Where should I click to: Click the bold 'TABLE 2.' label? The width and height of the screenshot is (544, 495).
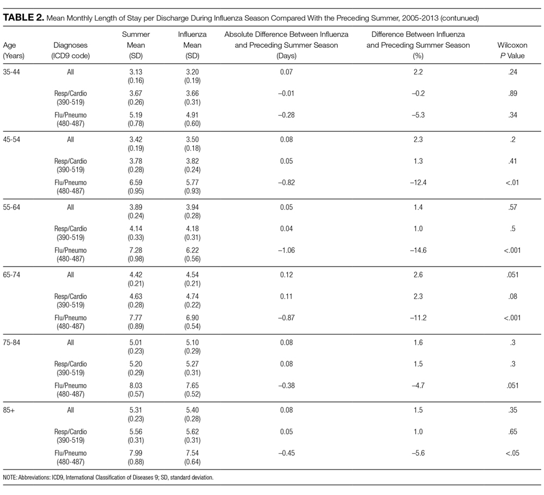23,18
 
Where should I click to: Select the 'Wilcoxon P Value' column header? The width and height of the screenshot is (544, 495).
512,50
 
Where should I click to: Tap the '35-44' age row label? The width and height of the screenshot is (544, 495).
11,72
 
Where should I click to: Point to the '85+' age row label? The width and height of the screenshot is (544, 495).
9,410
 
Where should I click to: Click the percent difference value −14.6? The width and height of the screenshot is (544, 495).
418,250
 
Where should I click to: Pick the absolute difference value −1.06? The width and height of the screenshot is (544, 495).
286,250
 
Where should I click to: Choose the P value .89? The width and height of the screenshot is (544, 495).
512,94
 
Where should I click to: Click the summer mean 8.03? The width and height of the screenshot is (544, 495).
135,385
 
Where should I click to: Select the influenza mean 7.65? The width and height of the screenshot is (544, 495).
192,385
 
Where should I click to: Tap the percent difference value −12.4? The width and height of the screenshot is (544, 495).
418,182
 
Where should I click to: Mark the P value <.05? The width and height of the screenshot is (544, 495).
512,453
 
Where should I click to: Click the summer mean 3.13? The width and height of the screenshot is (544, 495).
135,72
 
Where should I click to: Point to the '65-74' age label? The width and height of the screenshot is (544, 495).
11,275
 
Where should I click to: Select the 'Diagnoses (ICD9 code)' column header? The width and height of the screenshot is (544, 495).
70,50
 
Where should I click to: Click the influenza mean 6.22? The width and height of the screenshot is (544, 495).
192,250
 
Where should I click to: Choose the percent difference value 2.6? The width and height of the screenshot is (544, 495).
418,275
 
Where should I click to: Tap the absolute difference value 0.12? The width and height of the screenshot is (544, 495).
286,275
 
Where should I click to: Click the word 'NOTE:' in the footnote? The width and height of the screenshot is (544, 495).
10,477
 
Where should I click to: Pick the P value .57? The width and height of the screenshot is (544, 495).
512,207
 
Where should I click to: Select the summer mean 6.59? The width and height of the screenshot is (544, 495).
135,182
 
